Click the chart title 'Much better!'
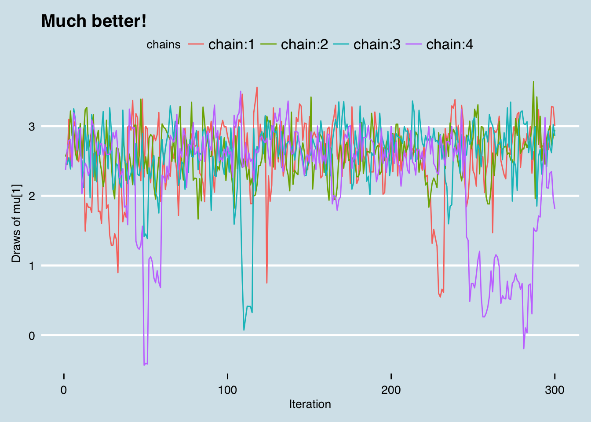point(94,21)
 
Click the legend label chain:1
point(231,44)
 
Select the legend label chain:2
point(304,44)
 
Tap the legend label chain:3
point(377,44)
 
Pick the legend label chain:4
point(449,44)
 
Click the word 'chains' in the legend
point(164,45)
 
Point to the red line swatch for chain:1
point(196,44)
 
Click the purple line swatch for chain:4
point(414,44)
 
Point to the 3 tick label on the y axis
point(32,127)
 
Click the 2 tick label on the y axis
point(32,196)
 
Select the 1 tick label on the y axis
point(32,266)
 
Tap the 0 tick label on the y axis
point(32,336)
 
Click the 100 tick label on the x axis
point(227,390)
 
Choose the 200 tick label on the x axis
point(391,390)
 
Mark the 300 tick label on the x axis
point(555,390)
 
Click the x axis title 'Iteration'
point(310,404)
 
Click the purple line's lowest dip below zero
point(144,365)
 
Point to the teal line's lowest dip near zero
point(244,330)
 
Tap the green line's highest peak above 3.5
point(533,82)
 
